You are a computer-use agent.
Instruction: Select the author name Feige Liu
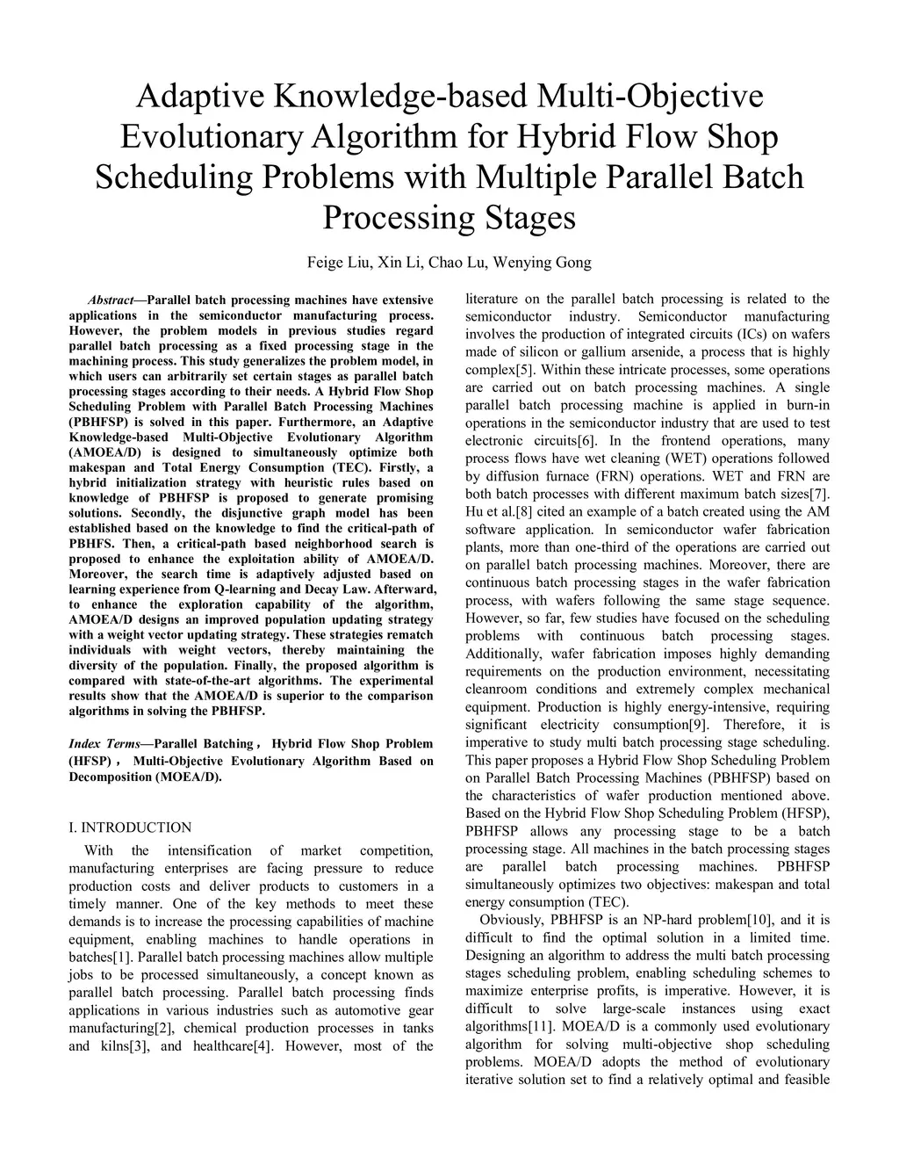tap(338, 262)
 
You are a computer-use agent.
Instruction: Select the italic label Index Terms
tap(99, 743)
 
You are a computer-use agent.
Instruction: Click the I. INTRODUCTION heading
tap(130, 827)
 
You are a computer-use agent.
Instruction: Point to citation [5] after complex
tap(524, 370)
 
